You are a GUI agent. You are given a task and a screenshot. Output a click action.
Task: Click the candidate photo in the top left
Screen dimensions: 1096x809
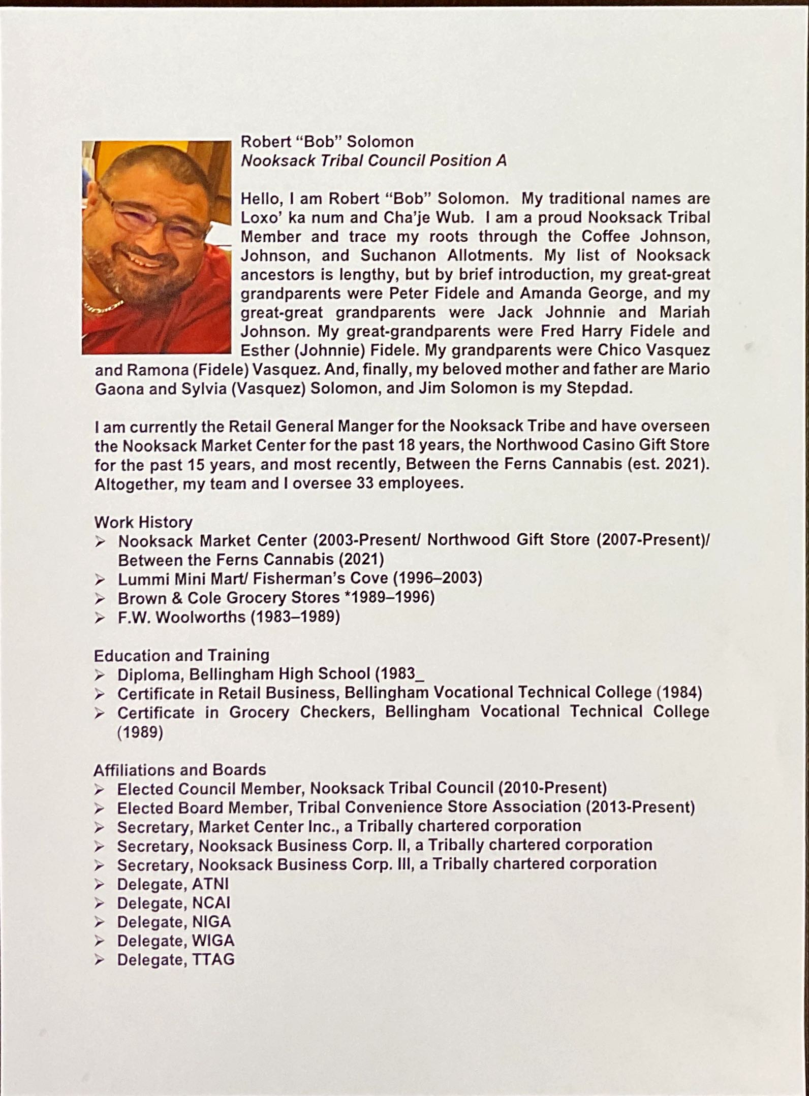pyautogui.click(x=157, y=247)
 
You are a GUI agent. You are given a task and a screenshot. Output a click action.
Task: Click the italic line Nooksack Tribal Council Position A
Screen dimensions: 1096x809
pyautogui.click(x=374, y=160)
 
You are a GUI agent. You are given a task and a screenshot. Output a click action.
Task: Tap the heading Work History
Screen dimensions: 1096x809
pyautogui.click(x=143, y=522)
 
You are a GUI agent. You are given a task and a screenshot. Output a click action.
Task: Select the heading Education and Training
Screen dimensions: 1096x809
pyautogui.click(x=181, y=655)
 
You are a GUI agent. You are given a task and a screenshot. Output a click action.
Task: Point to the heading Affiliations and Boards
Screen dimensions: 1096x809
pyautogui.click(x=179, y=769)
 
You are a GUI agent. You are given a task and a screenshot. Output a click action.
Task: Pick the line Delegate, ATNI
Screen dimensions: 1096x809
pyautogui.click(x=173, y=884)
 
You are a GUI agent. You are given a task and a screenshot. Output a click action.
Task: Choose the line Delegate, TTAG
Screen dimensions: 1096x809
pyautogui.click(x=176, y=959)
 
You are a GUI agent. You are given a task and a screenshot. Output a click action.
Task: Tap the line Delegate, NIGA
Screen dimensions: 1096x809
pyautogui.click(x=174, y=922)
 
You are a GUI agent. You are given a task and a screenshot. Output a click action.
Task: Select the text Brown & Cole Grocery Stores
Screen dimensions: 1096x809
pyautogui.click(x=229, y=598)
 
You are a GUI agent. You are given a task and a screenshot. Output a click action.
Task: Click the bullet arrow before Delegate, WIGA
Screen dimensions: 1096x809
pyautogui.click(x=100, y=941)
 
